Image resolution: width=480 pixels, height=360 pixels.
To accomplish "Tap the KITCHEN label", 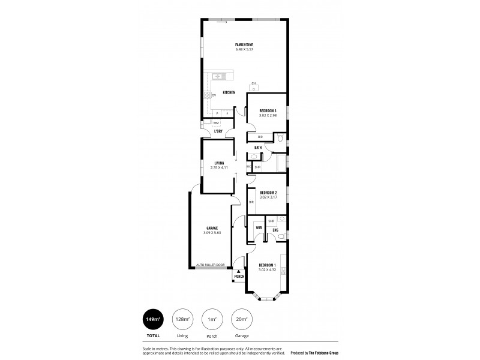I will pyautogui.click(x=229, y=92).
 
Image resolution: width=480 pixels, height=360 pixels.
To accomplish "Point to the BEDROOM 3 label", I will pyautogui.click(x=268, y=111).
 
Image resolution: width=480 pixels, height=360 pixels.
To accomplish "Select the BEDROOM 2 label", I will pyautogui.click(x=268, y=192).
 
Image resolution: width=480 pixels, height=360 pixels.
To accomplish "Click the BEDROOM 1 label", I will pyautogui.click(x=267, y=265).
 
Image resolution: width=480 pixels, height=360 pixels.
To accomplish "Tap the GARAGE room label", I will pyautogui.click(x=211, y=228).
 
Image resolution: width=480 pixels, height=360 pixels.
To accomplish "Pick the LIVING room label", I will pyautogui.click(x=219, y=163).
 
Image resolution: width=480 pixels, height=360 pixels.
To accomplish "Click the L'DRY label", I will pyautogui.click(x=219, y=131).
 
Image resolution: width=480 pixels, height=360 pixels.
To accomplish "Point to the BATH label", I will pyautogui.click(x=258, y=147).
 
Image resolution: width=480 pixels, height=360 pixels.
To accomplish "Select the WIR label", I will pyautogui.click(x=259, y=229).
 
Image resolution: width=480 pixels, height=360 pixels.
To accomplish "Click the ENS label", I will pyautogui.click(x=275, y=230).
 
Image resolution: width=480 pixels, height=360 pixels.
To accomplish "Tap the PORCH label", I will pyautogui.click(x=239, y=277).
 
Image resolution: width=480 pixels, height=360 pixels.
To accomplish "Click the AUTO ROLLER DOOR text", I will pyautogui.click(x=210, y=264).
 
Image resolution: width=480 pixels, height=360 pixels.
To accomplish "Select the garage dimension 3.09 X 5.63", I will pyautogui.click(x=211, y=232).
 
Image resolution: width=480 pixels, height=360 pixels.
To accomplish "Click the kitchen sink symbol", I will pyautogui.click(x=217, y=76).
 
